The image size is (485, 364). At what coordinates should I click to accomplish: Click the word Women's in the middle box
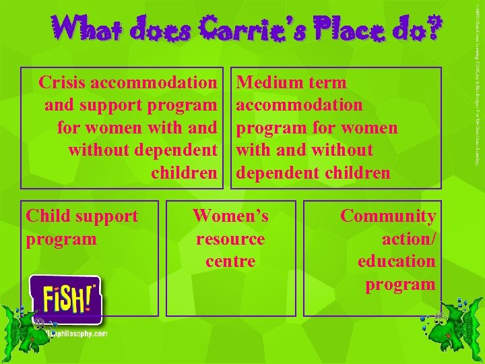click(230, 216)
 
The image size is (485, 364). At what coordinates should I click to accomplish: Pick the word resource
click(230, 239)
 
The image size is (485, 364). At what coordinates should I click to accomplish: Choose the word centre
click(230, 261)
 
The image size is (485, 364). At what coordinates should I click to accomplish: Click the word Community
click(388, 216)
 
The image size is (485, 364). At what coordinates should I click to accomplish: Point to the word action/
click(408, 239)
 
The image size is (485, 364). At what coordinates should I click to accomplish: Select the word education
click(396, 261)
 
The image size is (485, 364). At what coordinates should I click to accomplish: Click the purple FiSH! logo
click(65, 300)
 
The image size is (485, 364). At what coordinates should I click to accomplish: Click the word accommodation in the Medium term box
click(300, 105)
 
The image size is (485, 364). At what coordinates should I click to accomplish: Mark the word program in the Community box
click(400, 284)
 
